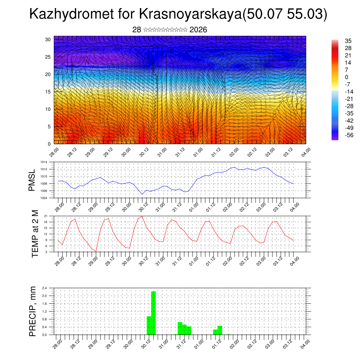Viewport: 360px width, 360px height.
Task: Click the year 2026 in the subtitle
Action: (x=198, y=30)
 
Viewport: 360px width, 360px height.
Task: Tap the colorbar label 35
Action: (x=348, y=41)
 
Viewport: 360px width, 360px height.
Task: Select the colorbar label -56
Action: (x=348, y=135)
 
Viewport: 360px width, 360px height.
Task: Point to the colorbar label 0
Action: (x=347, y=77)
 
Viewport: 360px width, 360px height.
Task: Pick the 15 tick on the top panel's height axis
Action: (x=48, y=92)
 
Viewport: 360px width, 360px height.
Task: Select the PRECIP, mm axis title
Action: (x=33, y=311)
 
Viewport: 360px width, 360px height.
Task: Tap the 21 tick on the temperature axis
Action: (x=46, y=216)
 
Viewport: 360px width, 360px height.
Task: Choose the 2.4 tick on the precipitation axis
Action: (x=44, y=288)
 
